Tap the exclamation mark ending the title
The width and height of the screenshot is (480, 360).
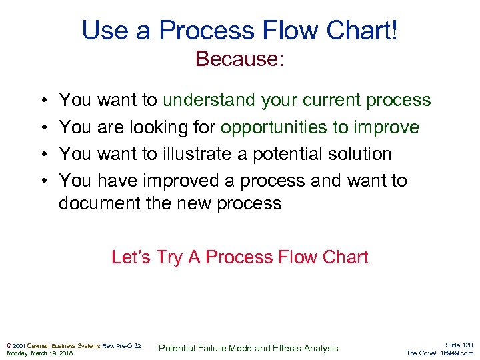(x=394, y=30)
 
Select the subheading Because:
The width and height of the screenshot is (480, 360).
(x=240, y=59)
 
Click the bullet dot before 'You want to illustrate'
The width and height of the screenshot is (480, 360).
(x=43, y=154)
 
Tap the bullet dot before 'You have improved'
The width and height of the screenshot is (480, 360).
(x=43, y=181)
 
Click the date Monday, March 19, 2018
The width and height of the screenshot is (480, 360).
(x=39, y=353)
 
